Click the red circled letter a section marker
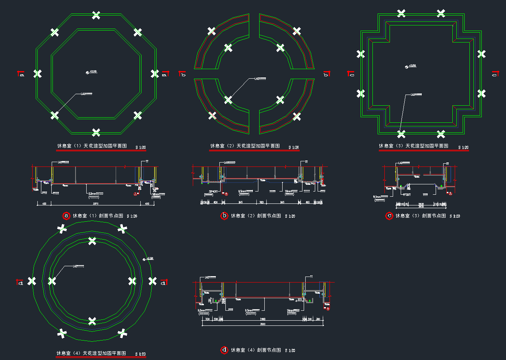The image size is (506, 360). [66, 216]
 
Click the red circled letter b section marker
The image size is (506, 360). [224, 216]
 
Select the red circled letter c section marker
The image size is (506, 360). [389, 216]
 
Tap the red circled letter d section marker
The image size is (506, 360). [224, 350]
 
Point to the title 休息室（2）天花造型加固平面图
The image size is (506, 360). [245, 146]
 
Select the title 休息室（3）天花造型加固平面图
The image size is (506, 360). [413, 146]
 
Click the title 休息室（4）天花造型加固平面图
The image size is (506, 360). [91, 353]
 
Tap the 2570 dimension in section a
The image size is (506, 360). [96, 203]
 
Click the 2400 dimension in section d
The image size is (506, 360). [263, 319]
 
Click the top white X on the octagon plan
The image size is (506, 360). [96, 15]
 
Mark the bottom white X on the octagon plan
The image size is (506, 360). [96, 132]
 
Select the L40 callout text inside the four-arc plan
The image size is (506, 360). [260, 79]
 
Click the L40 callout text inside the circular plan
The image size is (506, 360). [78, 266]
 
